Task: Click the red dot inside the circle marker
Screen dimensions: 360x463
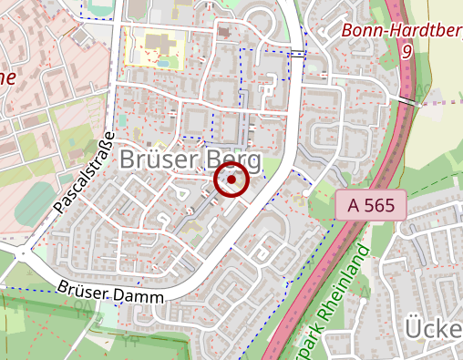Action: pyautogui.click(x=232, y=180)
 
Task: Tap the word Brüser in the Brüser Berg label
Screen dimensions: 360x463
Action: pyautogui.click(x=160, y=160)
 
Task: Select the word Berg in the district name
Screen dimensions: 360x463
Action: pyautogui.click(x=234, y=160)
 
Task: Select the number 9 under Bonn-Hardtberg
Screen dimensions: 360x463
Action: pyautogui.click(x=406, y=52)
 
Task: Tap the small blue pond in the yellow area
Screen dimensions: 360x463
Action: pyautogui.click(x=163, y=63)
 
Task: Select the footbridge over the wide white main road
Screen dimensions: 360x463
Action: pyautogui.click(x=298, y=55)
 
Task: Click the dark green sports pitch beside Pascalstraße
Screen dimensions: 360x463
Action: pyautogui.click(x=37, y=200)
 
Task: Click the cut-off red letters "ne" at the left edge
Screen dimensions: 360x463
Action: pyautogui.click(x=7, y=77)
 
